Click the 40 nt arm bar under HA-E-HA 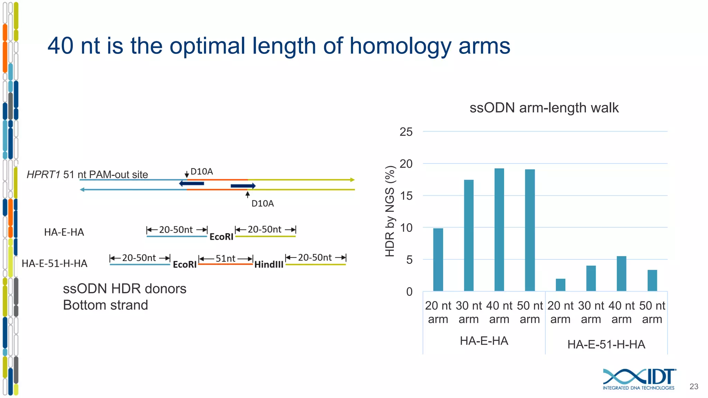(499, 229)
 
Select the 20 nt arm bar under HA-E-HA (438, 259)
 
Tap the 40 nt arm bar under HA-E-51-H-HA (621, 273)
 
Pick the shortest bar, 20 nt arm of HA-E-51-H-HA (560, 285)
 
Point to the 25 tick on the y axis (406, 132)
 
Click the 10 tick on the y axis (406, 228)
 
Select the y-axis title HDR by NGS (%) (390, 211)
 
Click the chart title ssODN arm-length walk (544, 108)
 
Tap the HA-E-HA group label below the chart (484, 341)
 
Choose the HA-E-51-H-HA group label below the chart (606, 344)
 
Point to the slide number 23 (693, 386)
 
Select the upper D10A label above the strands (202, 172)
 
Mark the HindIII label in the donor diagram (269, 265)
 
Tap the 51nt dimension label (225, 258)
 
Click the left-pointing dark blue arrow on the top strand (191, 183)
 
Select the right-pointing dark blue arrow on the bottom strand (243, 186)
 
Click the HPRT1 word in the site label (44, 174)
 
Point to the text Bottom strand (105, 305)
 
